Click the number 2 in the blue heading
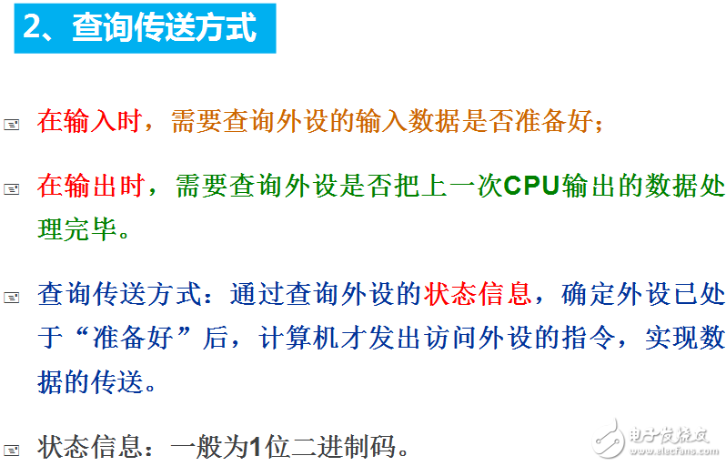pyautogui.click(x=34, y=26)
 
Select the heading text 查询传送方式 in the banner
pyautogui.click(x=164, y=26)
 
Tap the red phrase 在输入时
pyautogui.click(x=90, y=121)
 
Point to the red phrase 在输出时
pyautogui.click(x=90, y=187)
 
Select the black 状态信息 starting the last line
pyautogui.click(x=90, y=447)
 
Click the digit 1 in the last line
pyautogui.click(x=256, y=447)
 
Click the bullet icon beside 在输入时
pyautogui.click(x=12, y=124)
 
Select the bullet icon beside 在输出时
pyautogui.click(x=12, y=189)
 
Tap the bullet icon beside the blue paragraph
pyautogui.click(x=12, y=297)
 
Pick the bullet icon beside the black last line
pyautogui.click(x=12, y=450)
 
